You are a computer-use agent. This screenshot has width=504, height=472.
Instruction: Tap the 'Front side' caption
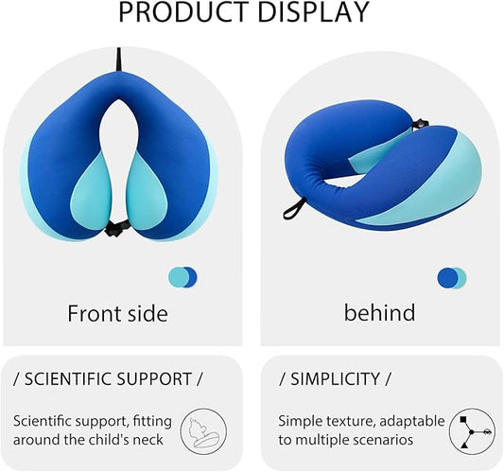click(x=117, y=313)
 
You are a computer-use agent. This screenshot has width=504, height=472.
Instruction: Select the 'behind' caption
click(x=379, y=312)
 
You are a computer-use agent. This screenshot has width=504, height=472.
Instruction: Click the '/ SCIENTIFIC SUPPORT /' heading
click(x=108, y=379)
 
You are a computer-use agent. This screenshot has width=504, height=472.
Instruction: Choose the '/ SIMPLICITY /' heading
click(x=335, y=379)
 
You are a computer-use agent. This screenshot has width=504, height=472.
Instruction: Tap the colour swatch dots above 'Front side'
click(x=182, y=277)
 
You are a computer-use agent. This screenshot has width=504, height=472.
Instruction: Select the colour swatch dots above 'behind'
click(x=451, y=277)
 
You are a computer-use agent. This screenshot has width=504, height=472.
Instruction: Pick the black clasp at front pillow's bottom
click(x=116, y=228)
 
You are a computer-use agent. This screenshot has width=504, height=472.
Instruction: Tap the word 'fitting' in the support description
click(x=152, y=420)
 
